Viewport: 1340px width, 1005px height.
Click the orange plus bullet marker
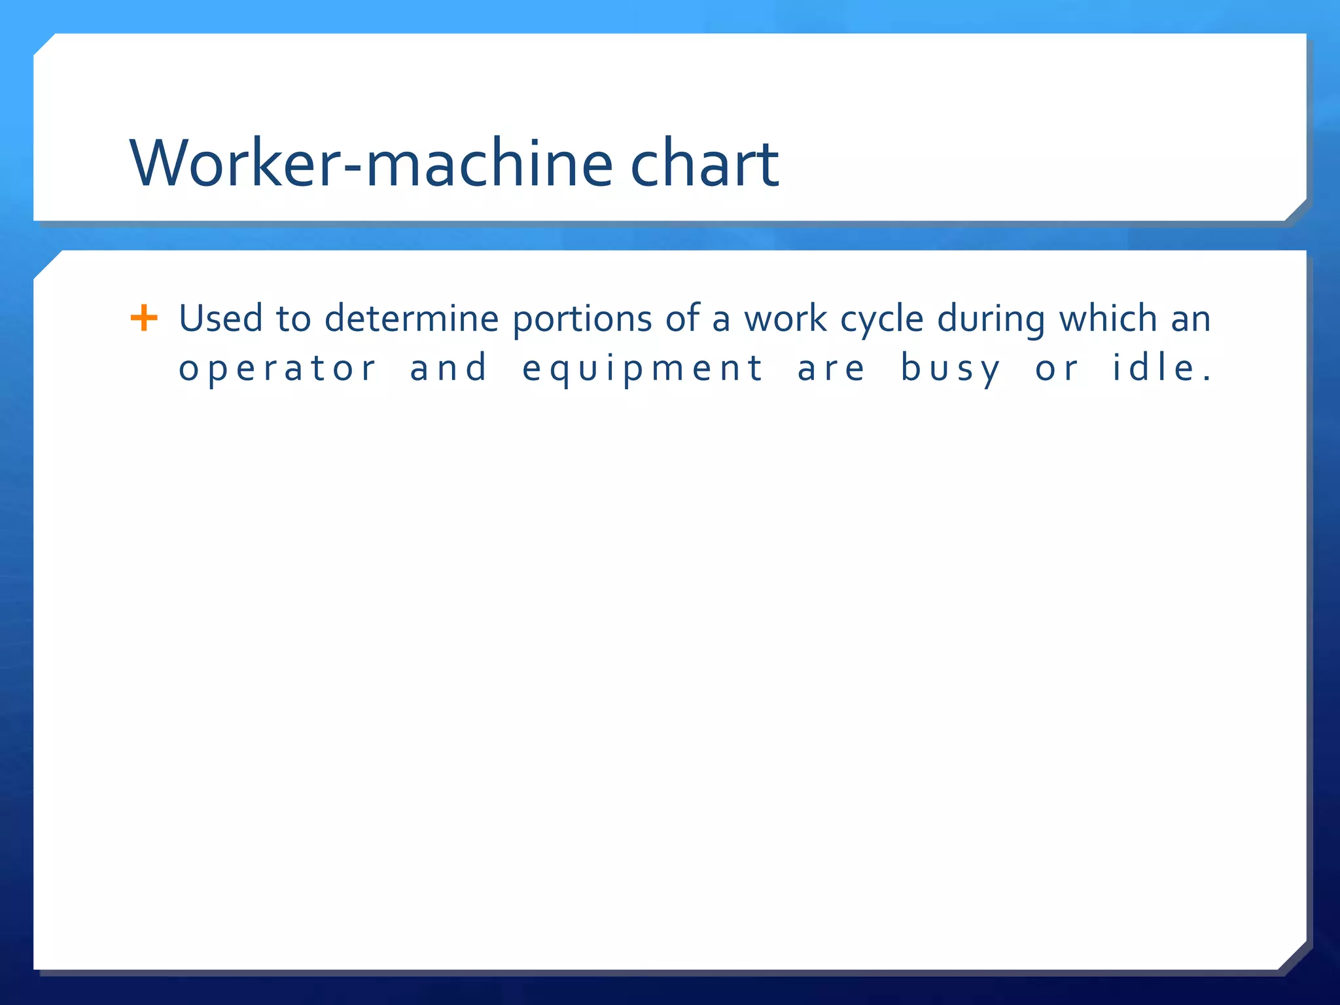(x=144, y=319)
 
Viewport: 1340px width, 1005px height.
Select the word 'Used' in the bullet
(x=220, y=319)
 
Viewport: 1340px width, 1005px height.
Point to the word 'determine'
(x=412, y=319)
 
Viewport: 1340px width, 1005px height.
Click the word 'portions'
(x=582, y=320)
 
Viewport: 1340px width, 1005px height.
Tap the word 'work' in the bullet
(x=785, y=319)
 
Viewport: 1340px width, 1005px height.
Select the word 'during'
(x=991, y=320)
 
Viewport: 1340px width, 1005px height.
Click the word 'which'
(x=1108, y=319)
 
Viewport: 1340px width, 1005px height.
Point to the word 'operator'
(x=277, y=369)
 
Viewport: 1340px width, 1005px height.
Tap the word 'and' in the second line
(x=449, y=368)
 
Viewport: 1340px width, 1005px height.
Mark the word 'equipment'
(x=643, y=369)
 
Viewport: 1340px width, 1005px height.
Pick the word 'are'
(x=831, y=369)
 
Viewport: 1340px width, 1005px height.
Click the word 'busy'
(x=951, y=369)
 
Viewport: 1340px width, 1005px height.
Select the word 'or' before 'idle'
(x=1056, y=369)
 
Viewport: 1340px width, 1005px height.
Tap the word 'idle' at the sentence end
(x=1155, y=368)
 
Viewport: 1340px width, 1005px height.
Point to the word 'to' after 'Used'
(x=293, y=319)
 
